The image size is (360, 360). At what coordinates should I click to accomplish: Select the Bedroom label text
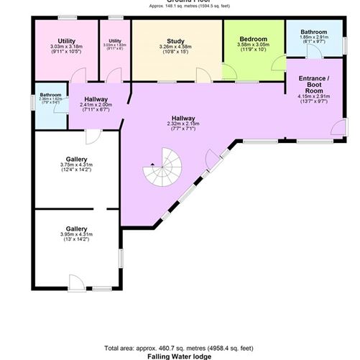253,39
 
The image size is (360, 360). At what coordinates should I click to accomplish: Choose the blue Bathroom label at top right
314,32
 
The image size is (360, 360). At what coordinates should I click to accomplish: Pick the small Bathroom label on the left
50,95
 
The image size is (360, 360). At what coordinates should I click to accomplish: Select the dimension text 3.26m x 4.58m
177,48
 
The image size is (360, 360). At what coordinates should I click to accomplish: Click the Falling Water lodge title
179,355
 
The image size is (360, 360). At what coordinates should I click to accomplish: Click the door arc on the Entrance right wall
338,129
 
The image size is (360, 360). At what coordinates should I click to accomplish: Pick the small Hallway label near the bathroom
95,99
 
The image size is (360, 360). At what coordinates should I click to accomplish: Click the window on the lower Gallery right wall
121,257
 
